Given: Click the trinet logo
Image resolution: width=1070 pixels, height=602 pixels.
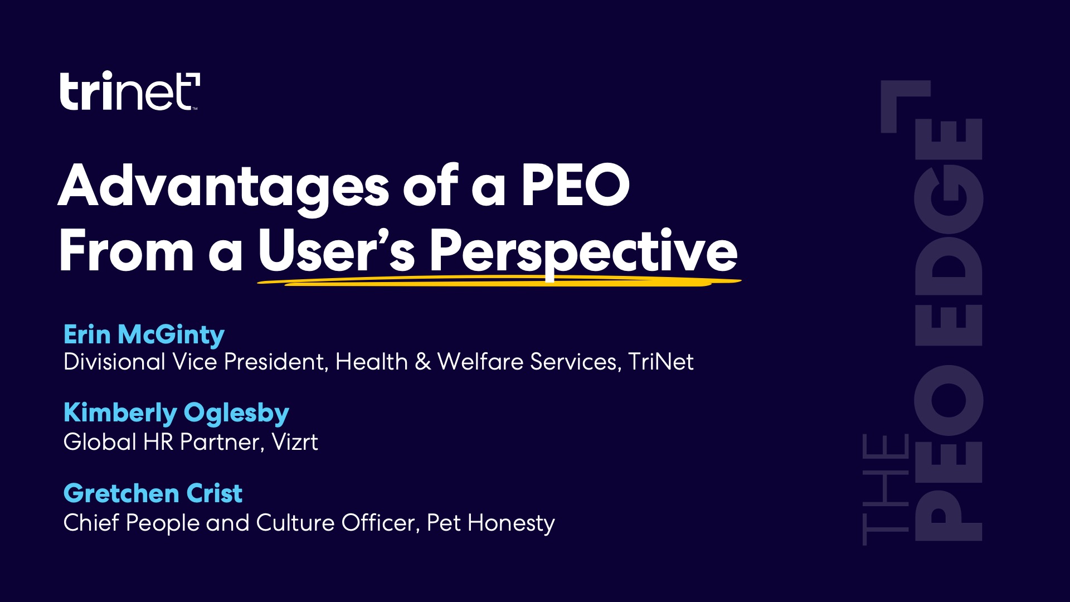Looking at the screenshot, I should point(129,91).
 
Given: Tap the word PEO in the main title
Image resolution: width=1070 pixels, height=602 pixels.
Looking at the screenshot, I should point(575,186).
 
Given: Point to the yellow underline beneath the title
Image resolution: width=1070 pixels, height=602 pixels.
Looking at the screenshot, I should point(499,283).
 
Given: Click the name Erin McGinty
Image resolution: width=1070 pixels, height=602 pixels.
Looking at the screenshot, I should point(144,334).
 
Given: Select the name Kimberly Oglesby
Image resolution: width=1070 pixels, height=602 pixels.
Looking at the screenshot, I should point(176,413).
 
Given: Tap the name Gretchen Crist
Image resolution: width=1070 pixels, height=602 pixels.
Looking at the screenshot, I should point(153,493).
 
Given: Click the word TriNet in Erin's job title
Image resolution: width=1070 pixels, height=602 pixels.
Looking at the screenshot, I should point(661,362).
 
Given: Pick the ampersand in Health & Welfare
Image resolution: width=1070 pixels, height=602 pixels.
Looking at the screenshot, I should point(423,362).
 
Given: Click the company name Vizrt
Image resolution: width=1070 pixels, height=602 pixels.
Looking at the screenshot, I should point(295,442).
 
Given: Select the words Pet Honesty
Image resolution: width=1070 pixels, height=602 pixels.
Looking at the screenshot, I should point(490,523).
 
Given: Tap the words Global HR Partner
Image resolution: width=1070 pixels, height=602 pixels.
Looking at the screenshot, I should point(161,442).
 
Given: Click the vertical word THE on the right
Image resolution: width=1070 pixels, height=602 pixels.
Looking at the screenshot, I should point(886,489).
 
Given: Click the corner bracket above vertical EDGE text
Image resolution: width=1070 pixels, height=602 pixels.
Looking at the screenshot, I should point(903,103).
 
